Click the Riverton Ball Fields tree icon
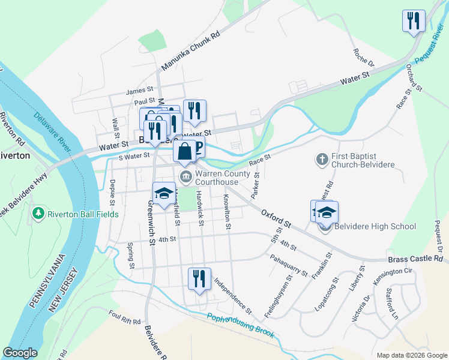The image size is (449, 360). tap(39, 214)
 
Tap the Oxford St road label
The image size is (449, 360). tap(276, 218)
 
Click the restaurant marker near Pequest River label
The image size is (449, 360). tap(414, 21)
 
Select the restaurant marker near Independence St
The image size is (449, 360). tap(199, 279)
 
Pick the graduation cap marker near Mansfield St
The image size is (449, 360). tap(163, 193)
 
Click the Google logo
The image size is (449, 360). tap(20, 353)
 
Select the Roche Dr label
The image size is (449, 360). tap(363, 58)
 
